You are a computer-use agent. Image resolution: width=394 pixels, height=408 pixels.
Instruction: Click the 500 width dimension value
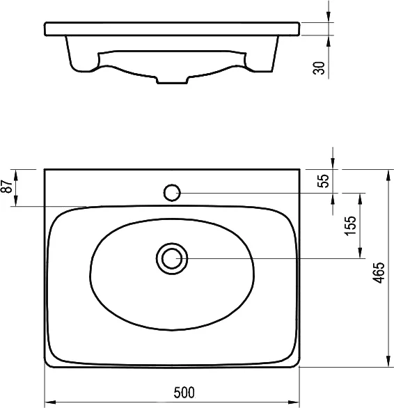click(184, 392)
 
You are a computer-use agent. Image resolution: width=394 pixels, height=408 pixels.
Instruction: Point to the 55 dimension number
click(322, 181)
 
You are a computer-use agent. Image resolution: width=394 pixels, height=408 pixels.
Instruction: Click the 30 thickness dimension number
click(320, 68)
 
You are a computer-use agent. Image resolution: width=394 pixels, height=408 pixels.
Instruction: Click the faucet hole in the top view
click(172, 192)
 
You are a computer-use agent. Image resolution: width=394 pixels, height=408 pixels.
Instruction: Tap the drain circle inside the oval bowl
click(171, 258)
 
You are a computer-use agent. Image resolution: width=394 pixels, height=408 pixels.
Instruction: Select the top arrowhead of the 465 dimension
click(386, 174)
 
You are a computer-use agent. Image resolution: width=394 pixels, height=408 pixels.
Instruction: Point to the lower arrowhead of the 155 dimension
click(361, 253)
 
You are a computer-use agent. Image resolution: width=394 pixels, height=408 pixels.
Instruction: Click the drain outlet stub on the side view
click(172, 81)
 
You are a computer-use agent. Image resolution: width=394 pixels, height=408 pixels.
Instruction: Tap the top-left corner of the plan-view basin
click(45, 169)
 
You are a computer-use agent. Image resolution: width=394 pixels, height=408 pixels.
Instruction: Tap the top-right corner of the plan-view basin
click(300, 169)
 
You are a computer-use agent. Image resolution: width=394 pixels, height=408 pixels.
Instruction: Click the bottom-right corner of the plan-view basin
click(299, 366)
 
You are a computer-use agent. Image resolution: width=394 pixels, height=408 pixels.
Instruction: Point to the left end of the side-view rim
click(45, 29)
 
